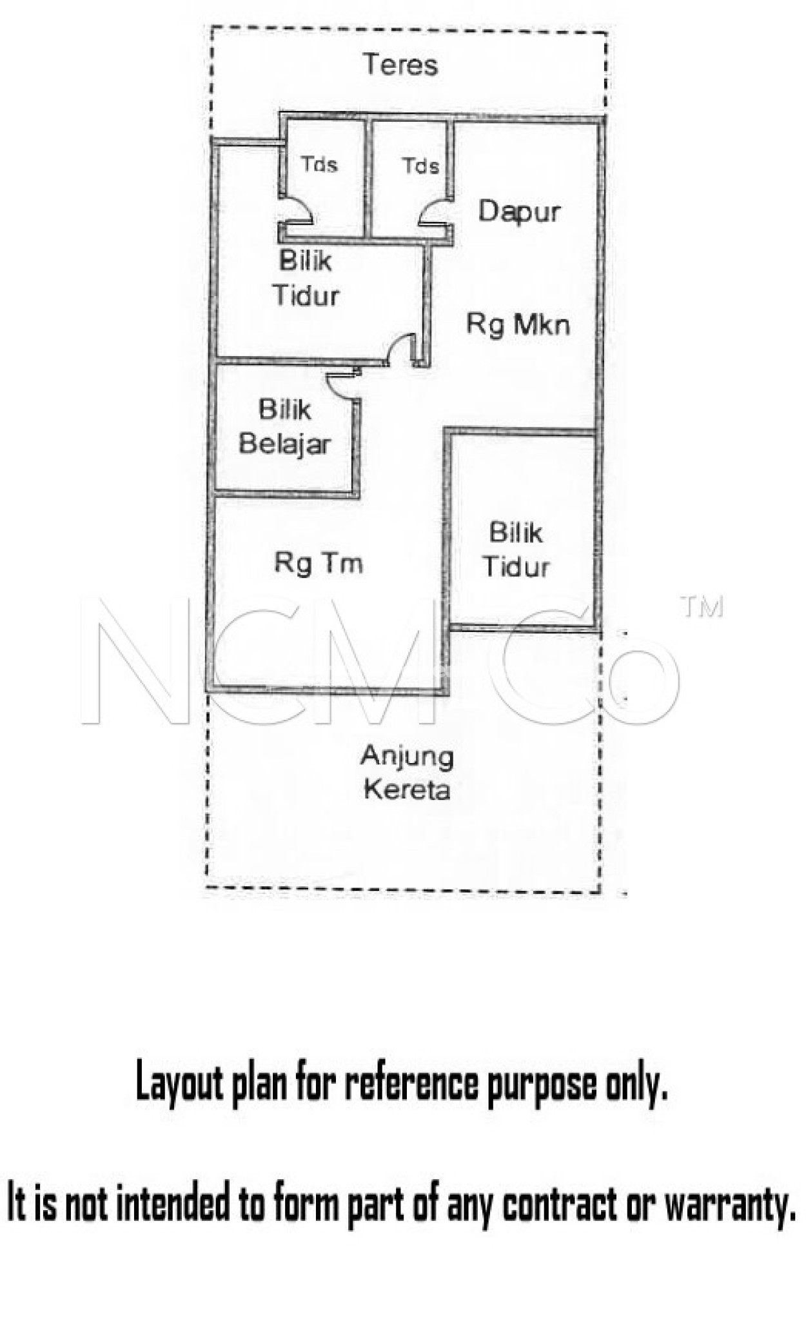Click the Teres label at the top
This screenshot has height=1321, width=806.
[x=400, y=65]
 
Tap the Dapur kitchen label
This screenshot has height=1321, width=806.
[x=519, y=212]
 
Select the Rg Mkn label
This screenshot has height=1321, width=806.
[x=518, y=324]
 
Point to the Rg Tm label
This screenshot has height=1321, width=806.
[x=319, y=563]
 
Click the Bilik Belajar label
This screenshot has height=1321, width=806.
[x=285, y=427]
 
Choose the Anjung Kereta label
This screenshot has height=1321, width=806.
[x=406, y=773]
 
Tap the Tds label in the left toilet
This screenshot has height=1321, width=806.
[x=319, y=164]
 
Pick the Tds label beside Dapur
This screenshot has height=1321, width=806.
[x=421, y=166]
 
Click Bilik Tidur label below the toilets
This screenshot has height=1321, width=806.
[x=306, y=279]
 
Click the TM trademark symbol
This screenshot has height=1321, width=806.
[x=702, y=607]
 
